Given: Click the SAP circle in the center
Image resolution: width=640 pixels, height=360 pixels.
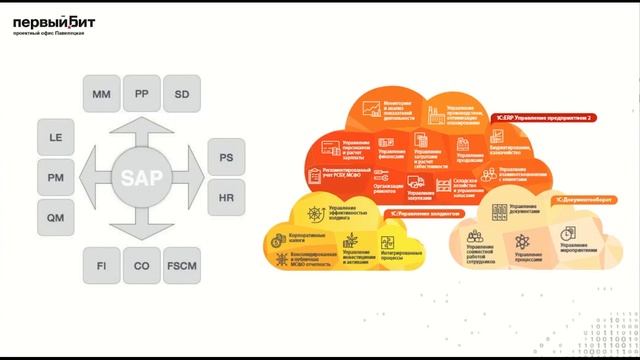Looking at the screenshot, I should (141, 179).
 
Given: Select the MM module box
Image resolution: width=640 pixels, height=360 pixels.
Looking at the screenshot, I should (101, 95).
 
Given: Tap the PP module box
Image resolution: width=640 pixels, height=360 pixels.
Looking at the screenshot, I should (141, 95).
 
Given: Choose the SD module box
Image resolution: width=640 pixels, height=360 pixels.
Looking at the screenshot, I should (181, 95).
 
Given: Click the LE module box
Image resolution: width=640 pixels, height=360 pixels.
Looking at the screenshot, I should (56, 137).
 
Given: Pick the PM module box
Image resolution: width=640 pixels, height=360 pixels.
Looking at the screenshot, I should (56, 177).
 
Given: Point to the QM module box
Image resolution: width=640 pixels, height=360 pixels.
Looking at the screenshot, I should (56, 217).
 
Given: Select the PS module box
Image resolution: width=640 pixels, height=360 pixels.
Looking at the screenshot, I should (226, 158).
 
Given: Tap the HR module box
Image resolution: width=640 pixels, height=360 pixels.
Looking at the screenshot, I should (226, 198).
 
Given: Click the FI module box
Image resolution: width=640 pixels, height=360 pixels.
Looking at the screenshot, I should (101, 265).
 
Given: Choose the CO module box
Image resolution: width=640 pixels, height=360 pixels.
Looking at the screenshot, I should (141, 265).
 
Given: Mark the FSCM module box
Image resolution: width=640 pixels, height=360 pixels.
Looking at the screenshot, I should (181, 265).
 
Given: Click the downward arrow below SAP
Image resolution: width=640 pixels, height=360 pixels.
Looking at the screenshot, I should (141, 226).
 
